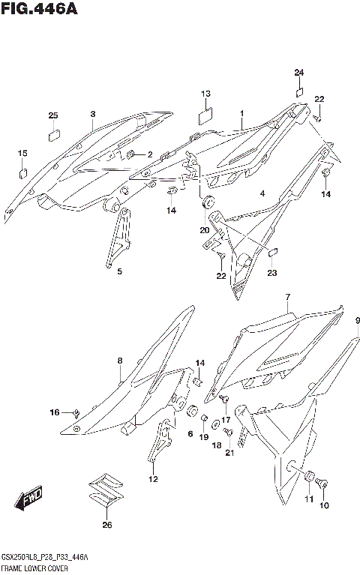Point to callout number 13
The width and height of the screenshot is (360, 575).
point(205,94)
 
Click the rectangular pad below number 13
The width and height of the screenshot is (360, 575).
point(205,117)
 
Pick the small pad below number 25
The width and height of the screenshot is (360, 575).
point(53,136)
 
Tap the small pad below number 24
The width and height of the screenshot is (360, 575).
point(298,92)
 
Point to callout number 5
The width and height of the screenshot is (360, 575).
point(118,272)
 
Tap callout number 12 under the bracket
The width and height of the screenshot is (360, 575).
point(153,480)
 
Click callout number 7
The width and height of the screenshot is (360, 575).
point(287,298)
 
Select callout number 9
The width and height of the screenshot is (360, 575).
point(358,320)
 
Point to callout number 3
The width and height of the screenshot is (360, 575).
point(92,114)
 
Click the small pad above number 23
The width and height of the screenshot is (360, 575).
point(274,252)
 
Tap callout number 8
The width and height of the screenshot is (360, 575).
point(119,361)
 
